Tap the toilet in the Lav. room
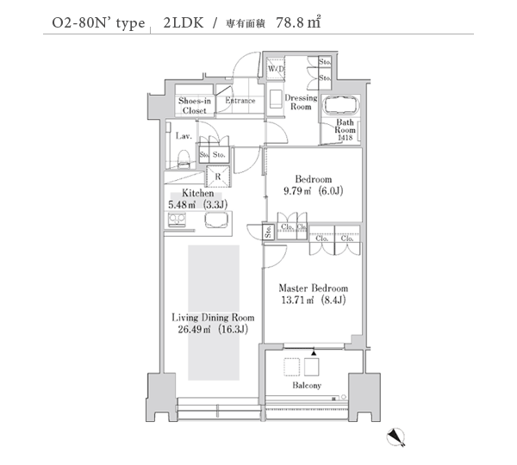tap(184, 157)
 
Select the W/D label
tap(276, 68)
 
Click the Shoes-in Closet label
tap(194, 106)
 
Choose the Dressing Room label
tap(300, 102)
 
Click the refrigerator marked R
tap(218, 177)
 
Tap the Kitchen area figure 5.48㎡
tap(184, 205)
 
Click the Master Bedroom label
tap(313, 288)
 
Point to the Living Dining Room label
tap(206, 317)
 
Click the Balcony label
tap(305, 385)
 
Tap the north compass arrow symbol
tap(397, 437)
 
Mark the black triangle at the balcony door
tap(314, 353)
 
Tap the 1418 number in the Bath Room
tap(345, 138)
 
